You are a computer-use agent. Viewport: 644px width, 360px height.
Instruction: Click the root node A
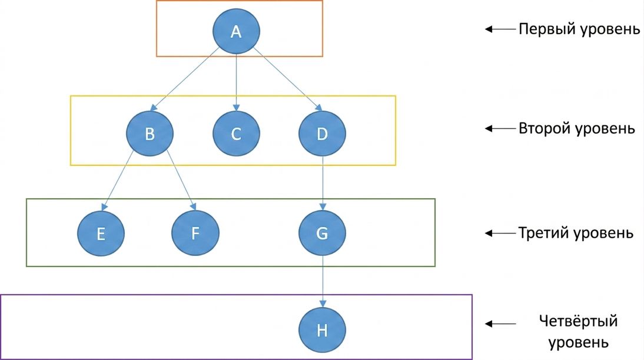[236, 31]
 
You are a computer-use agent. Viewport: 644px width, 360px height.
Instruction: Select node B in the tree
[150, 134]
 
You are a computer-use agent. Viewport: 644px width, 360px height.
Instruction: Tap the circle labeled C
[236, 134]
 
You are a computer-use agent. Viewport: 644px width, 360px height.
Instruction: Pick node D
[323, 134]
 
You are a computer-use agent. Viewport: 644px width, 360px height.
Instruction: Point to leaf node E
[101, 233]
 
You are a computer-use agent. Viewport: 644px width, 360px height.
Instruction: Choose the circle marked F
[195, 233]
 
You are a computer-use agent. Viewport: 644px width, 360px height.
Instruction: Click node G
[323, 233]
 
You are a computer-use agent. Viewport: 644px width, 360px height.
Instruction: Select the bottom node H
[323, 330]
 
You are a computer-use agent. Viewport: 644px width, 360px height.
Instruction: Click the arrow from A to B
[185, 79]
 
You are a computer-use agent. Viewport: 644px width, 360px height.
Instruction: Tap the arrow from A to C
[236, 82]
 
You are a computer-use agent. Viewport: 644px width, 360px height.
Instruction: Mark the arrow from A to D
[287, 79]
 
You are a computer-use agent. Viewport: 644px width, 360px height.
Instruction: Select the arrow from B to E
[117, 181]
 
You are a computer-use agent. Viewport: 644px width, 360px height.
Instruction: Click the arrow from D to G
[323, 183]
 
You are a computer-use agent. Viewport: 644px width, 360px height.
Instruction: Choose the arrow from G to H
[323, 282]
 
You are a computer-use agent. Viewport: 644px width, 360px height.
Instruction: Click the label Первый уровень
[579, 29]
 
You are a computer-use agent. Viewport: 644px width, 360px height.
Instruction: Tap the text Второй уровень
[577, 128]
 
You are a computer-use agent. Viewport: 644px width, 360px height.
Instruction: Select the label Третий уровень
[576, 233]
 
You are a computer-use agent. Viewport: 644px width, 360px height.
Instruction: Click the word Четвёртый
[578, 321]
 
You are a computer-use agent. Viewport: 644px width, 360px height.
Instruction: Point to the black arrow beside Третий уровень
[500, 233]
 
